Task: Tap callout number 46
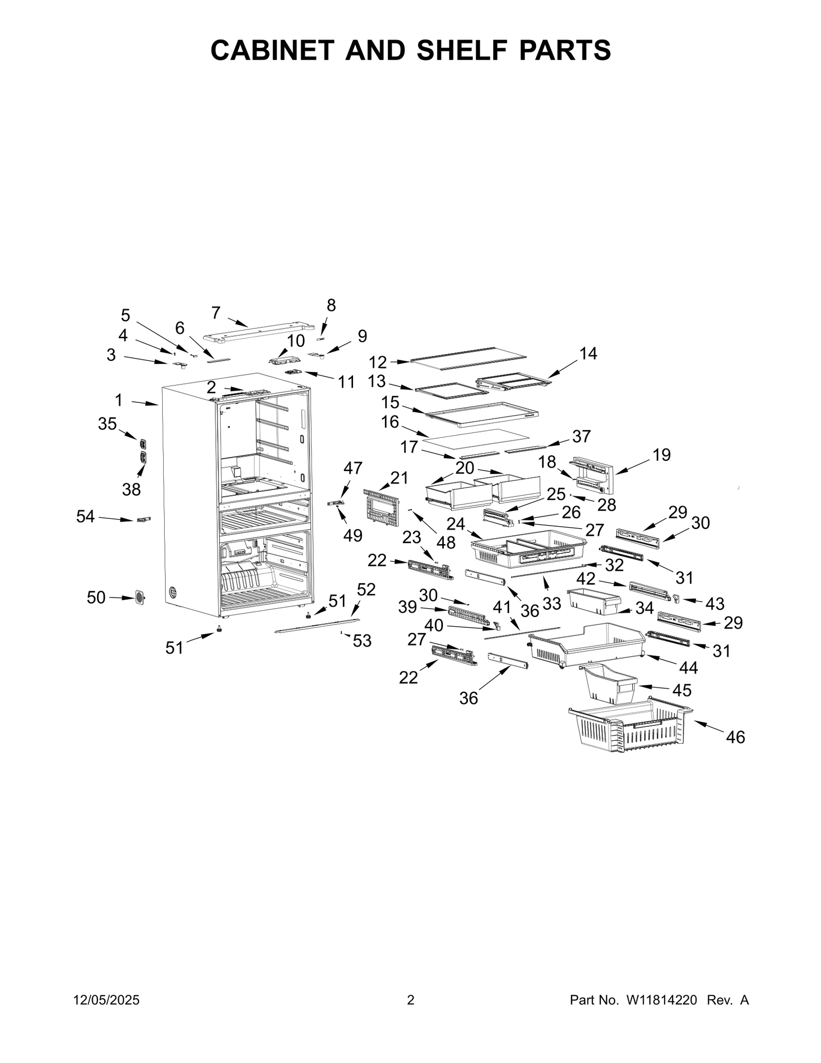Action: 735,738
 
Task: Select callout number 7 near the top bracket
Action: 216,313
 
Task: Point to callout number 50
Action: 96,597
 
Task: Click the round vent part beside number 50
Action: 139,597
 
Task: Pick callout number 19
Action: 661,455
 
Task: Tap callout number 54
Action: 85,516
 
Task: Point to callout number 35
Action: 107,424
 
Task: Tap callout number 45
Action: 681,690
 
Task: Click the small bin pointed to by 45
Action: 609,683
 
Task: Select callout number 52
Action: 366,590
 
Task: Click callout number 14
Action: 588,354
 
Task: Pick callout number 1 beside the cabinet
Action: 119,400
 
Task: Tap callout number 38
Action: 131,490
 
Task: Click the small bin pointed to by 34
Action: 593,601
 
